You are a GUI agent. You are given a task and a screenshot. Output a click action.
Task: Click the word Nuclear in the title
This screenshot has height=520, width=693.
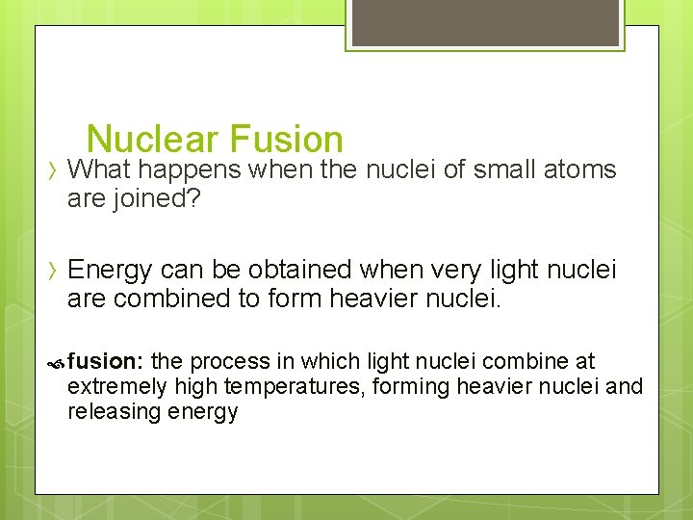click(x=153, y=140)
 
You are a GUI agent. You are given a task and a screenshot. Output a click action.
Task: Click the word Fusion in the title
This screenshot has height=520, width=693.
click(x=286, y=140)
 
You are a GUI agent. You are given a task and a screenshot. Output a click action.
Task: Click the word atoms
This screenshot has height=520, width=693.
click(x=579, y=170)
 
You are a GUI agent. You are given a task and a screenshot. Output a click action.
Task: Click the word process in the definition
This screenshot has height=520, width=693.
click(x=229, y=362)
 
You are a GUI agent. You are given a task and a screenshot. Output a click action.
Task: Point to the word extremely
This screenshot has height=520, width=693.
click(x=115, y=387)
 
